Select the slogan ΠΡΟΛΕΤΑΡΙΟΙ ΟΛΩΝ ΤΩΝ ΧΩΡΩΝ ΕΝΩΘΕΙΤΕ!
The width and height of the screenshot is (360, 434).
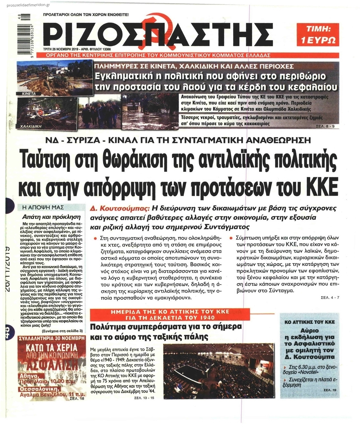pyautogui.click(x=86, y=15)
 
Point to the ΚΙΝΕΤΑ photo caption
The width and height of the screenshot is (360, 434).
pyautogui.click(x=29, y=94)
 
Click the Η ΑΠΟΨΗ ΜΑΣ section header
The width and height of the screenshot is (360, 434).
pyautogui.click(x=47, y=207)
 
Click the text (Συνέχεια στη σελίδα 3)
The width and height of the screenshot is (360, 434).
pyautogui.click(x=63, y=331)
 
